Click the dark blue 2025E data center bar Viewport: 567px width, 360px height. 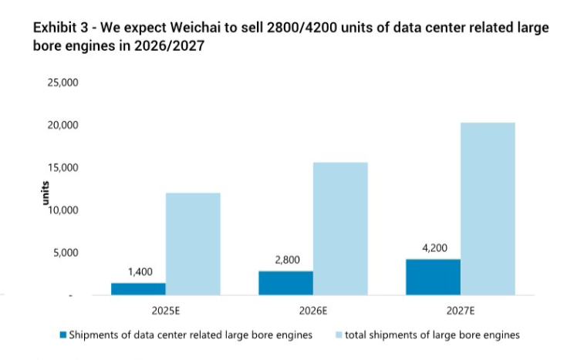coord(138,289)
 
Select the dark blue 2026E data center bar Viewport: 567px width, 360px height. coord(285,283)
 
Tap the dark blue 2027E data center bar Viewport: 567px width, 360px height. coord(433,277)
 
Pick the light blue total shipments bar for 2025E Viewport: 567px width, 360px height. coord(193,244)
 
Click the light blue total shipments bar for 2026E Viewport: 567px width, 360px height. coord(340,228)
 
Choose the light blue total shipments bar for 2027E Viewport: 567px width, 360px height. coord(488,208)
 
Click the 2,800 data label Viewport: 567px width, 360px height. coord(286,260)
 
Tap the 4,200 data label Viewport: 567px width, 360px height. coord(434,247)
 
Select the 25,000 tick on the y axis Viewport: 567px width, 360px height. coord(64,82)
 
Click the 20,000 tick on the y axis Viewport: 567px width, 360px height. coord(64,125)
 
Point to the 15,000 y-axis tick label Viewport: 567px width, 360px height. coord(64,167)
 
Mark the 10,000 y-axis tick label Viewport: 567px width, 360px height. coord(64,210)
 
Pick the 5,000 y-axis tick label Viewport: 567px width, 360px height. coord(67,252)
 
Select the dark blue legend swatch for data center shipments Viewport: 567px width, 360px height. coord(62,335)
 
